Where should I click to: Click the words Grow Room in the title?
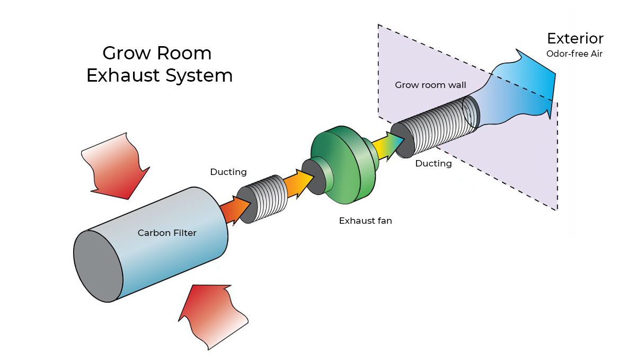click(157, 53)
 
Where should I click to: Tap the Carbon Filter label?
click(167, 233)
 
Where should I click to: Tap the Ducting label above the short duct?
click(228, 172)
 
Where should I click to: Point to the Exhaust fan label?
click(365, 221)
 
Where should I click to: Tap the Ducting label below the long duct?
click(433, 163)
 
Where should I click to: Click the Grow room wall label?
click(430, 85)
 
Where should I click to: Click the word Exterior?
click(575, 38)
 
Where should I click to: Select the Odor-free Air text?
click(575, 54)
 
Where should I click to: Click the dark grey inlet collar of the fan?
click(314, 176)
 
